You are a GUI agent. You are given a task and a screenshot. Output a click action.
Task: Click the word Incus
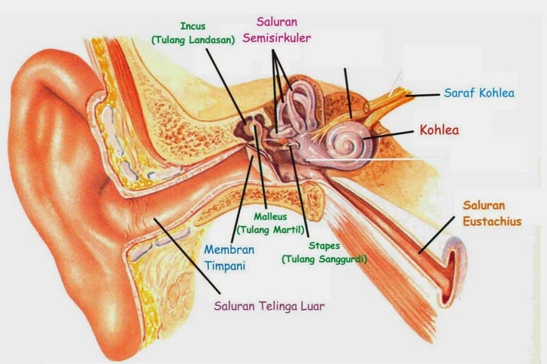pyautogui.click(x=192, y=27)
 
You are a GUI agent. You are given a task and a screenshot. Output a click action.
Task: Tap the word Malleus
pyautogui.click(x=270, y=216)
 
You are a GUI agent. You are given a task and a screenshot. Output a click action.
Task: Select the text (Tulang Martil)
pyautogui.click(x=270, y=229)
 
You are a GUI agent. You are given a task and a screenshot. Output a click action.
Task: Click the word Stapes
pyautogui.click(x=324, y=246)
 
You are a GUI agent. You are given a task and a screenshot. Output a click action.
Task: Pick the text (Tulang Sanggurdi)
pyautogui.click(x=324, y=259)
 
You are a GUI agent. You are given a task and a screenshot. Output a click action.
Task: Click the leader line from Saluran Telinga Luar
pyautogui.click(x=188, y=256)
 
